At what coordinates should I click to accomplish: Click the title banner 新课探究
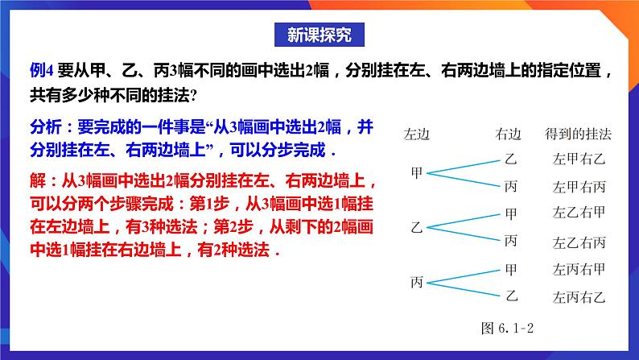[x=319, y=35]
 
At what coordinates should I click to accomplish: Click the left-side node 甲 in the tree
[x=417, y=172]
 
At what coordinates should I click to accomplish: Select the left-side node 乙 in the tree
[x=417, y=227]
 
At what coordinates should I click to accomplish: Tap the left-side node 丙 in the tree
[x=417, y=282]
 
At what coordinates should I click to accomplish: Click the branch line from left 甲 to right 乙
[x=463, y=165]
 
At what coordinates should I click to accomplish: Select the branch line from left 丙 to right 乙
[x=463, y=288]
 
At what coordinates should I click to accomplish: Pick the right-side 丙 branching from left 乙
[x=510, y=241]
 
